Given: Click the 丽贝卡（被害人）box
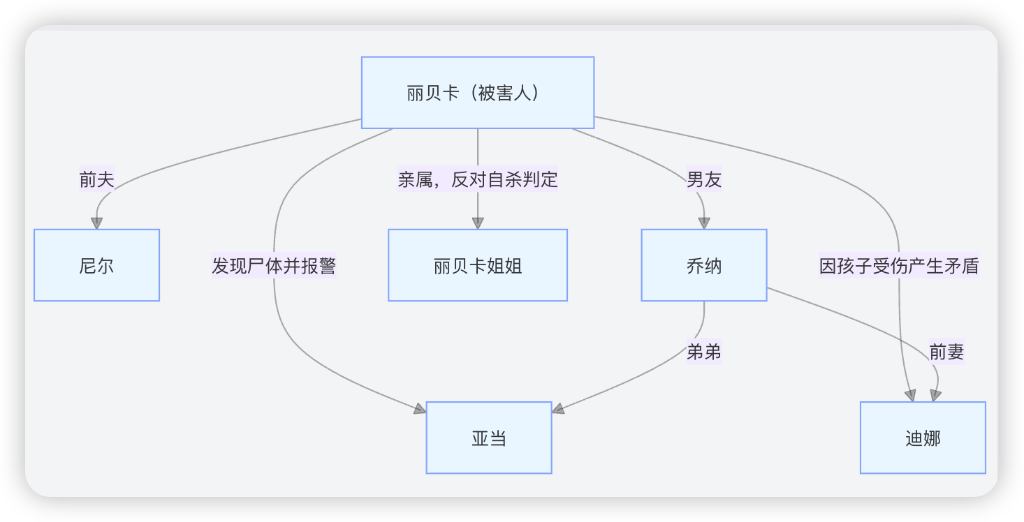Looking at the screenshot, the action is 478,93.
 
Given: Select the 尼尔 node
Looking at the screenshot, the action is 97,265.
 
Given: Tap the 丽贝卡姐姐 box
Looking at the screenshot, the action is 478,265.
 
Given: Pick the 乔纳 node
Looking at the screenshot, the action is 704,265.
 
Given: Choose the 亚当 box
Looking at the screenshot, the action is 489,438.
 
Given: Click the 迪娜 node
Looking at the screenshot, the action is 923,438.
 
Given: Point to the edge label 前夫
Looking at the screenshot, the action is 96,179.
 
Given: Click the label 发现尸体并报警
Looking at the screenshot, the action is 274,265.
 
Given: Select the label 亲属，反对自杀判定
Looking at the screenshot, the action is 478,179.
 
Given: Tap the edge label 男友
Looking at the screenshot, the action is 704,179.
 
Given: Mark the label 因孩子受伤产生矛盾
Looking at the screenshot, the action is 899,265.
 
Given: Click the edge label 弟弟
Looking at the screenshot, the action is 704,352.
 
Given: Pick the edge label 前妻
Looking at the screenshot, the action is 946,352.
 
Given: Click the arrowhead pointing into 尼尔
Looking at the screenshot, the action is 96,223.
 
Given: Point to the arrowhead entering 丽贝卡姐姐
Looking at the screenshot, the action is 478,223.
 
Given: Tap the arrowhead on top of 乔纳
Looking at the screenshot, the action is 704,223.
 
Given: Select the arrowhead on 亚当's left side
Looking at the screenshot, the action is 420,408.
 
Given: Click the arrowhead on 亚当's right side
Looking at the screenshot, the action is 558,408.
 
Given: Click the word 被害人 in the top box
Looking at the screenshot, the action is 505,94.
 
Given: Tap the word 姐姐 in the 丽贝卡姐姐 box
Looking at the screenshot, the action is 504,266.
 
